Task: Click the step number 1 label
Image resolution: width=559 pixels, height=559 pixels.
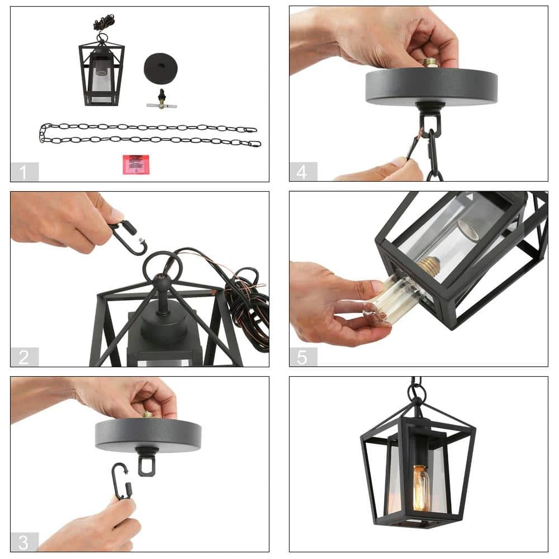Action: coord(24,172)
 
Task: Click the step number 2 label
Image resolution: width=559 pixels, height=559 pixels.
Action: coord(24,357)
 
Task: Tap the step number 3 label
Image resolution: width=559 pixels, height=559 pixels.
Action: coord(24,542)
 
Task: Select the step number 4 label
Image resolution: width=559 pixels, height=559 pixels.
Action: coord(302,172)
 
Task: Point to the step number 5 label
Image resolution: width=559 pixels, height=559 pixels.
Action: coord(302,357)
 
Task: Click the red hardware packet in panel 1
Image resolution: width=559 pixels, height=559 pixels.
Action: coord(136,165)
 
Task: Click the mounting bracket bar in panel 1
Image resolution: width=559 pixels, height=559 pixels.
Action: coord(162,105)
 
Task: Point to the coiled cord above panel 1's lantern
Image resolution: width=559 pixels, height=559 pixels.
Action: coord(104,22)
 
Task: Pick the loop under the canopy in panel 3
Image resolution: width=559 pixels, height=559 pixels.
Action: coord(146,463)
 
